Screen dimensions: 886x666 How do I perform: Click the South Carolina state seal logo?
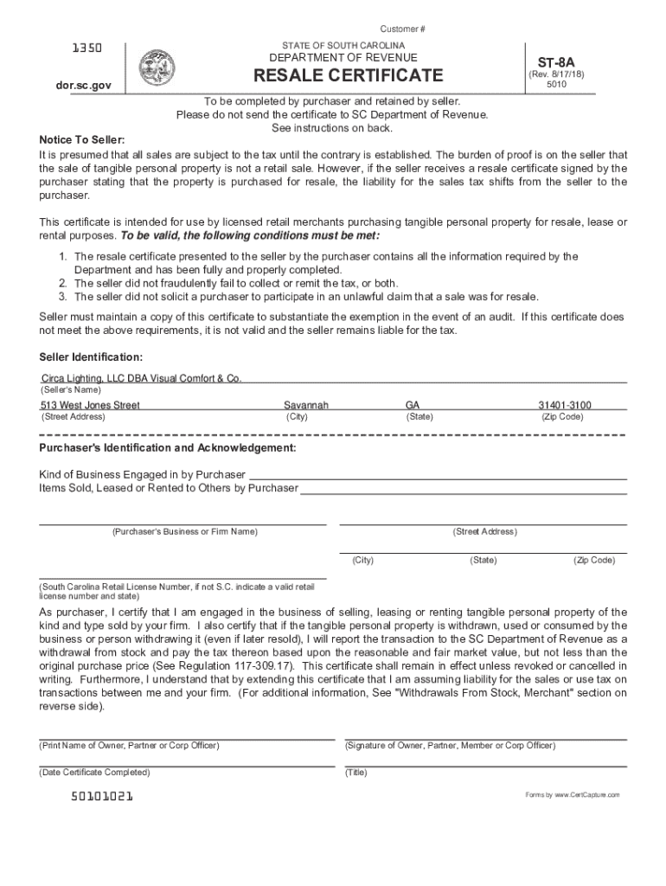click(x=157, y=67)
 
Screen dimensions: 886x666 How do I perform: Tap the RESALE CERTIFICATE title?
click(x=346, y=75)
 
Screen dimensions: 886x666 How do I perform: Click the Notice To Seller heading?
click(x=82, y=140)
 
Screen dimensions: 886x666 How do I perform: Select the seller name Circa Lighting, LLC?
click(x=141, y=378)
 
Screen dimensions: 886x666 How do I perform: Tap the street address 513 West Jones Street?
click(x=90, y=405)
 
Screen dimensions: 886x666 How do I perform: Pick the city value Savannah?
click(x=306, y=405)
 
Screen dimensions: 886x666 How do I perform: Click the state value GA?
click(x=413, y=405)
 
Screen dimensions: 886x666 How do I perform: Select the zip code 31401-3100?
click(x=565, y=405)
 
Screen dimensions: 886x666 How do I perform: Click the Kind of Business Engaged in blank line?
click(x=437, y=475)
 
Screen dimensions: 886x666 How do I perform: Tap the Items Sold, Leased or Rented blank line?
click(x=463, y=489)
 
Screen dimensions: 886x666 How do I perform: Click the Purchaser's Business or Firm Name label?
click(x=183, y=531)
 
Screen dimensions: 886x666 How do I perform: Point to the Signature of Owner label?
click(x=450, y=745)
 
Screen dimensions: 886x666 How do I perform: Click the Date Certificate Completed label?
click(x=94, y=772)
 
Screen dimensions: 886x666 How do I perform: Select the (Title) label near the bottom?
click(x=356, y=772)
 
